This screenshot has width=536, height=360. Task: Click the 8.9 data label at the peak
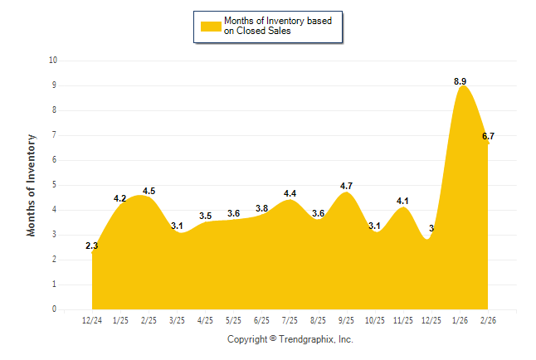[460, 80]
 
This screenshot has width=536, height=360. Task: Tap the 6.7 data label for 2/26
[488, 136]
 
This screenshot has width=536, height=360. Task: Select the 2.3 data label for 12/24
[92, 246]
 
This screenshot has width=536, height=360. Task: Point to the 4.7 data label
[347, 186]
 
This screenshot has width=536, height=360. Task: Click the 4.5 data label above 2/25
[149, 191]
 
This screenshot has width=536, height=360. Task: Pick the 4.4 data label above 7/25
[290, 193]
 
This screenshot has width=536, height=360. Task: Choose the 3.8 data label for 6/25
[261, 208]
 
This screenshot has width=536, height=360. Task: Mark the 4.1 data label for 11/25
[403, 201]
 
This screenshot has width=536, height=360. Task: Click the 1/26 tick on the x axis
[460, 320]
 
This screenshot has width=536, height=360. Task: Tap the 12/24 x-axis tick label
[93, 320]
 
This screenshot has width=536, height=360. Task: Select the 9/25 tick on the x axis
[347, 320]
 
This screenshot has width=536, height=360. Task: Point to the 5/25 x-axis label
[234, 320]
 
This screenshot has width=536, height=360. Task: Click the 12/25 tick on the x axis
[431, 320]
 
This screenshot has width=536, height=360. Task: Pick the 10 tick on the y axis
[53, 61]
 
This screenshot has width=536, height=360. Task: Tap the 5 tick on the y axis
[55, 185]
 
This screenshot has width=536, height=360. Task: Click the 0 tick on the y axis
[55, 309]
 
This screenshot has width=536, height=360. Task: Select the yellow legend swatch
[210, 27]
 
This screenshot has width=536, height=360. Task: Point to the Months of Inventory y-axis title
[32, 185]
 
